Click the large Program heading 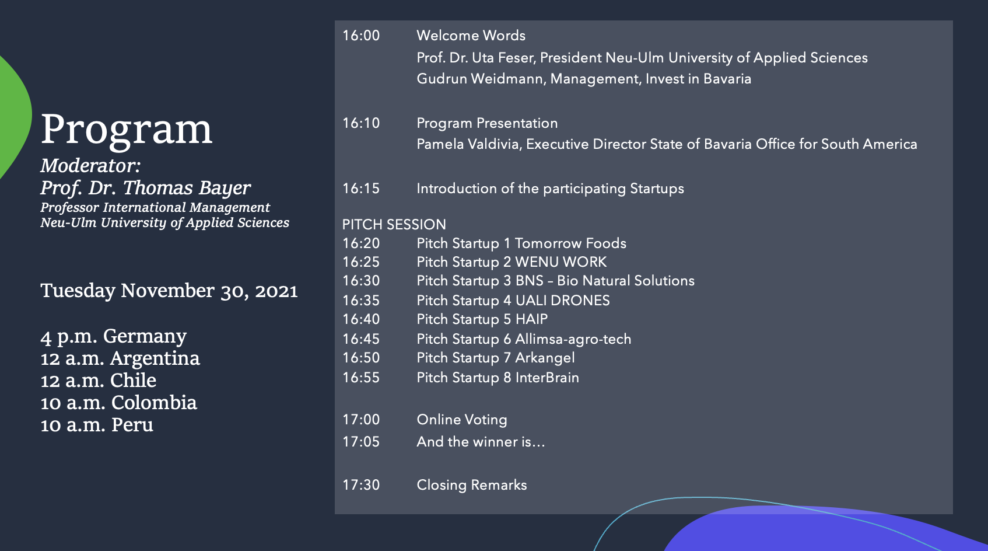click(127, 130)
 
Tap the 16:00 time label click(361, 36)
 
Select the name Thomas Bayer click(187, 188)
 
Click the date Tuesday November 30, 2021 click(169, 291)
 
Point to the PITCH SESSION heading click(394, 225)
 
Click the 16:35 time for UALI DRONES click(361, 301)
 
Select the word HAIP click(531, 319)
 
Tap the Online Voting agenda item click(462, 420)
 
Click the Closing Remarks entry click(471, 485)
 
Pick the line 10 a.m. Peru click(97, 425)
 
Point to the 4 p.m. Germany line click(113, 337)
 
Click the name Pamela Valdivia click(468, 144)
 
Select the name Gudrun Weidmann click(481, 79)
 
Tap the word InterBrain click(547, 378)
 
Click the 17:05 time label click(361, 442)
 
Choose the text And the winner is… click(481, 442)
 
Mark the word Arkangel click(545, 358)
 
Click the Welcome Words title click(471, 36)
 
